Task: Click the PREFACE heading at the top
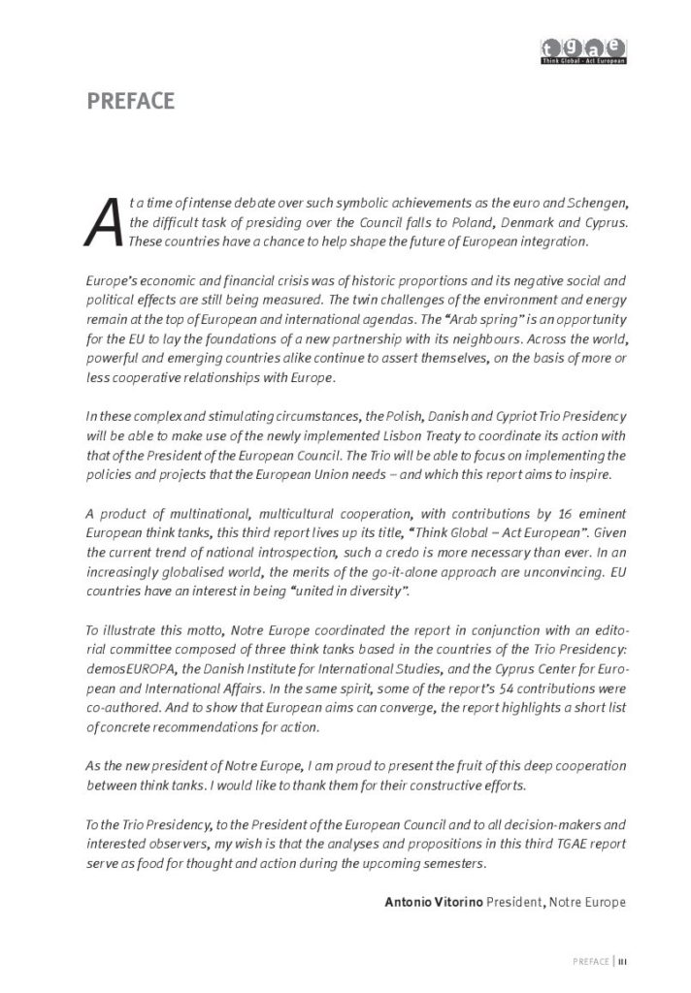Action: click(x=130, y=101)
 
